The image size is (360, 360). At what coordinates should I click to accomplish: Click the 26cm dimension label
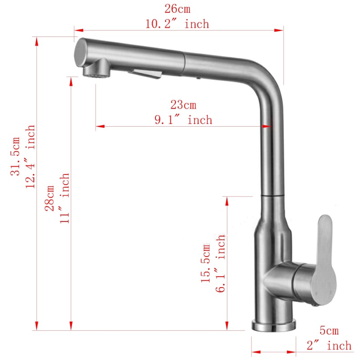coord(177,8)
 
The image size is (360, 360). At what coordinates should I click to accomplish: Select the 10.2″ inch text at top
coord(177,24)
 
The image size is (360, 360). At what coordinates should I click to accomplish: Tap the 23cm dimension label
coord(183,105)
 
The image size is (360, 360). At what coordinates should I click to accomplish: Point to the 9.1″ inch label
coord(183,120)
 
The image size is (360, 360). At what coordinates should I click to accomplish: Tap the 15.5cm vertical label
coord(206,263)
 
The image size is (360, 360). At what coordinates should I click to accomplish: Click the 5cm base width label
coord(329,330)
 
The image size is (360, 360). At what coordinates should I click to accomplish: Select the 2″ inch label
coord(329,346)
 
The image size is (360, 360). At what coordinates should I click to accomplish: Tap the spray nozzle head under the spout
coord(95,70)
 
